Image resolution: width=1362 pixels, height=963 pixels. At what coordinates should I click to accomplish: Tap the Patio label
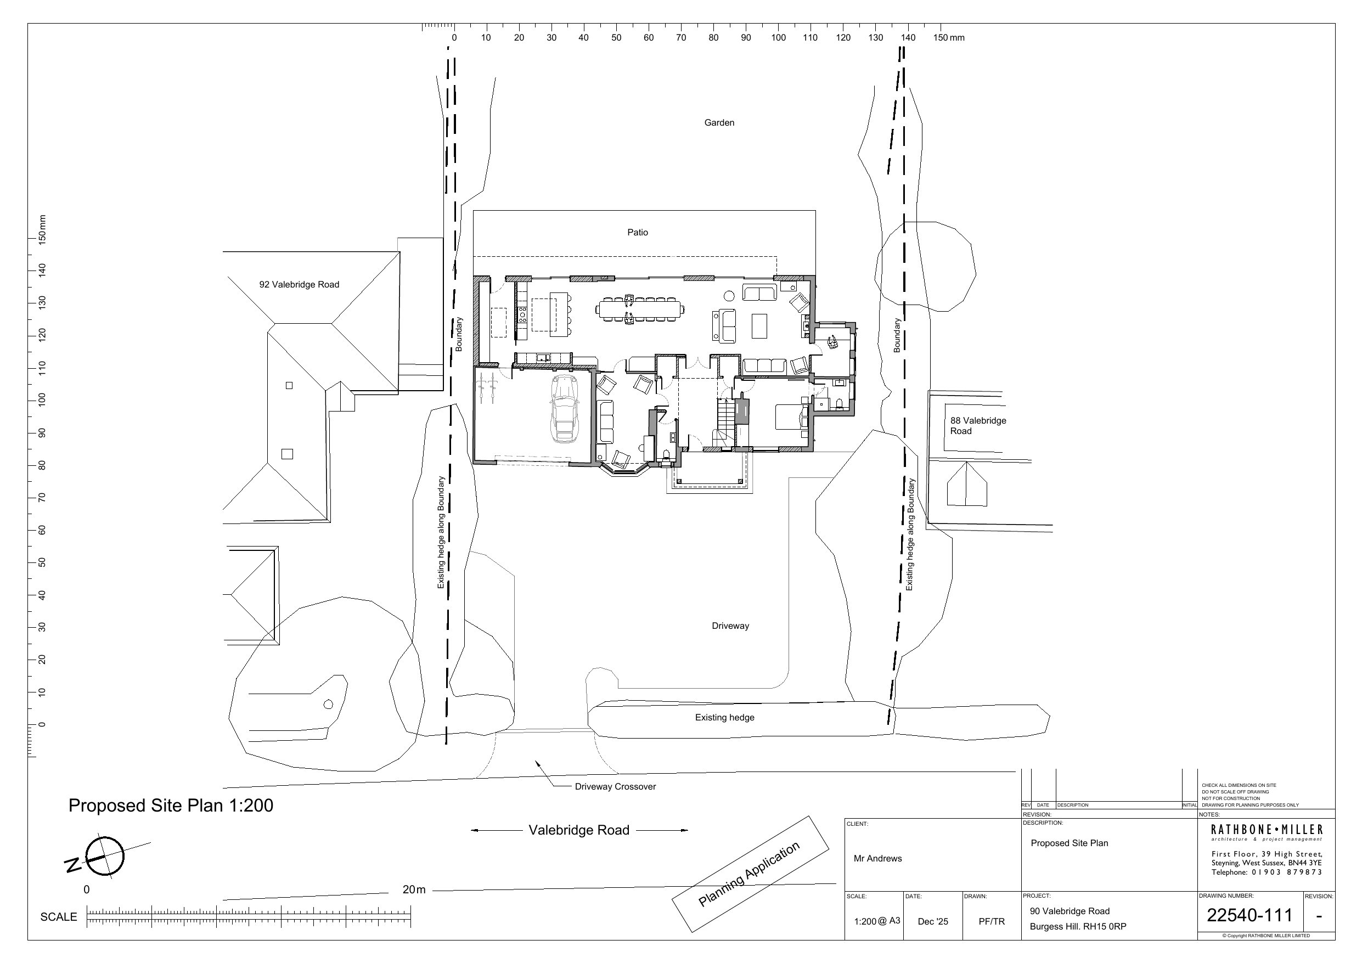click(x=638, y=233)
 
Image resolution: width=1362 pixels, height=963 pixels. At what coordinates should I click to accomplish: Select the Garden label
click(x=719, y=123)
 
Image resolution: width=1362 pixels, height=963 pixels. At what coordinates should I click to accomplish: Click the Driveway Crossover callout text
click(x=615, y=787)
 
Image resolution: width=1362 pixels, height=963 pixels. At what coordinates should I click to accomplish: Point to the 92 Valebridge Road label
click(x=299, y=285)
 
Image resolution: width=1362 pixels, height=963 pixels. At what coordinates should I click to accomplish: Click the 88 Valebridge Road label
click(x=978, y=426)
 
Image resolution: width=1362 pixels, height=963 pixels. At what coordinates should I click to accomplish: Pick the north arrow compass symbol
click(x=104, y=857)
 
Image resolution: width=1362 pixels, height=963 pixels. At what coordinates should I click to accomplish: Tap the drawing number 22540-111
click(x=1250, y=915)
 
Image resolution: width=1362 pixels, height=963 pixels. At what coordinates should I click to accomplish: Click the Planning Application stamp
click(x=749, y=875)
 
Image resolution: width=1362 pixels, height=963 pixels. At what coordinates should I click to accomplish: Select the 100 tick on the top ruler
click(x=778, y=38)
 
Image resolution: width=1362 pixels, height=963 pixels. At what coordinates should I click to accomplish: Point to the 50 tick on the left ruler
click(x=42, y=562)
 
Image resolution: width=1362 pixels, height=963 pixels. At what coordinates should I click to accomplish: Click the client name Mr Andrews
click(x=877, y=859)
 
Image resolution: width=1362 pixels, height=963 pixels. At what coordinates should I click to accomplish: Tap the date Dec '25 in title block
click(x=932, y=921)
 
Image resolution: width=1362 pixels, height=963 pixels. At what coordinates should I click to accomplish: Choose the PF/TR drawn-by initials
click(x=992, y=921)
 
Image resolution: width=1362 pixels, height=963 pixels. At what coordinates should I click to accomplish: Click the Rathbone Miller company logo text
click(x=1267, y=830)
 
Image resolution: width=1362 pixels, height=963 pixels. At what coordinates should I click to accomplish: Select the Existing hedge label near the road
click(x=724, y=718)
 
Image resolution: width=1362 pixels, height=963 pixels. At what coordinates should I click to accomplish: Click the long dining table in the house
click(x=640, y=309)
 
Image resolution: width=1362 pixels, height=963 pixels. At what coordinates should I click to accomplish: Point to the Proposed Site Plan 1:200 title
click(x=171, y=806)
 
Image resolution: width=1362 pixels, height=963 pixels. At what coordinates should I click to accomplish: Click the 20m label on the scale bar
click(x=413, y=889)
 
